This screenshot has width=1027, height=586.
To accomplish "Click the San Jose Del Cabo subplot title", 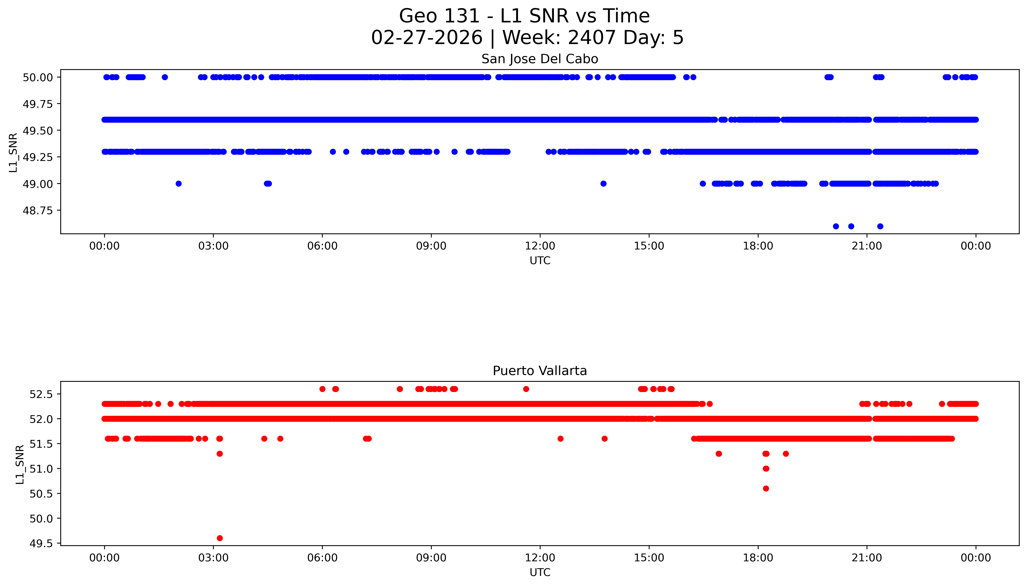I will click(539, 59).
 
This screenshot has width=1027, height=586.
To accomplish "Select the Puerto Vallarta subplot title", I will click(539, 371).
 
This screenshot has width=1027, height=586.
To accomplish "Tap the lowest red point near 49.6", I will click(220, 538).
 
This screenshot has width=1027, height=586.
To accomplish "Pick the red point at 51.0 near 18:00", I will click(766, 469).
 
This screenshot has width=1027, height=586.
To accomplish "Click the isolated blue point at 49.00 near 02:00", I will click(179, 184).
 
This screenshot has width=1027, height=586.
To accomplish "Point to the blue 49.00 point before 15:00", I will click(603, 184).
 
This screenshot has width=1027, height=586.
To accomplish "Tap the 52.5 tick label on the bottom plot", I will click(41, 394).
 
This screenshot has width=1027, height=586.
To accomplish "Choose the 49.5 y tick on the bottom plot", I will click(41, 543).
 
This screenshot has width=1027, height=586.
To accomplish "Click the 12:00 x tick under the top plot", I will click(540, 246).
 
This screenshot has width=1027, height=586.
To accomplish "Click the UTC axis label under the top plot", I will click(540, 261).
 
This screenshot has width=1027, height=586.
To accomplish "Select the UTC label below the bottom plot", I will click(540, 572).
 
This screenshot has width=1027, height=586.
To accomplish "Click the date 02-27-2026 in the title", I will click(427, 38).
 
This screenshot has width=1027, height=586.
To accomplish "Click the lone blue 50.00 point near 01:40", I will click(165, 77).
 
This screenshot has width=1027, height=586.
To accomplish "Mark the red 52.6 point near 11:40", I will click(526, 389).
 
